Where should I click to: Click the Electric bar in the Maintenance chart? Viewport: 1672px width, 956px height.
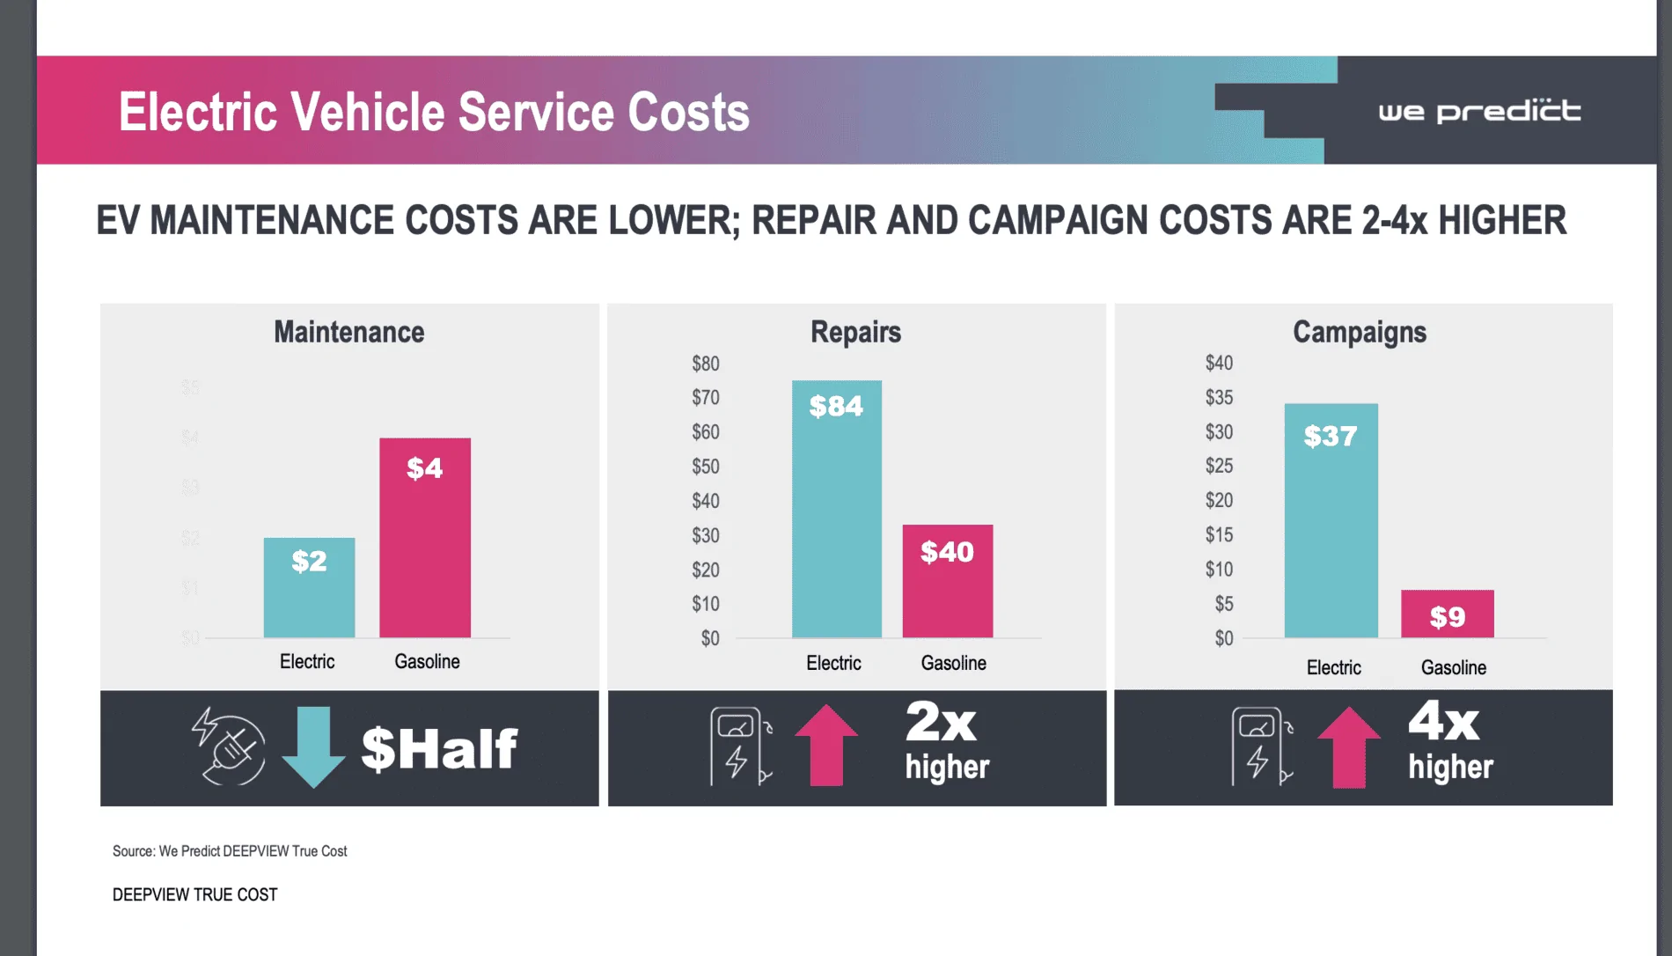(309, 587)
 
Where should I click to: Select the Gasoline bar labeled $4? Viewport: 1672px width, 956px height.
(425, 537)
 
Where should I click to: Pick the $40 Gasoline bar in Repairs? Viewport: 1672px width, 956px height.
(948, 581)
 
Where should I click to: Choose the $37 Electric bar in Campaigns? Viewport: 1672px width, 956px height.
(1331, 520)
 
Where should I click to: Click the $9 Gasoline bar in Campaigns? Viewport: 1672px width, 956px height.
(1447, 614)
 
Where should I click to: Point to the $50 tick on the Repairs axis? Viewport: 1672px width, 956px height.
(706, 467)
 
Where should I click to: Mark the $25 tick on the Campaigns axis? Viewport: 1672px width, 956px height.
(1219, 466)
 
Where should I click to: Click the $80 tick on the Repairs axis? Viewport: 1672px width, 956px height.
(706, 364)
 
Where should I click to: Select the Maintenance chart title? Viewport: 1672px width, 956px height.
(348, 332)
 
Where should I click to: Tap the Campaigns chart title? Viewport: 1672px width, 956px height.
(1360, 332)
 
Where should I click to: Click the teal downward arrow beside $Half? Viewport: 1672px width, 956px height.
(313, 746)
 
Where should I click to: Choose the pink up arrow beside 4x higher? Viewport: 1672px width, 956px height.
(1349, 746)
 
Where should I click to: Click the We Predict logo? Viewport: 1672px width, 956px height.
(1479, 112)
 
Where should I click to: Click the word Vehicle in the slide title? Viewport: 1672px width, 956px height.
(368, 113)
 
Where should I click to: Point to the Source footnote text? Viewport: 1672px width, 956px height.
(230, 851)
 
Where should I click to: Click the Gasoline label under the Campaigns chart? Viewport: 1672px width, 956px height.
(1453, 667)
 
